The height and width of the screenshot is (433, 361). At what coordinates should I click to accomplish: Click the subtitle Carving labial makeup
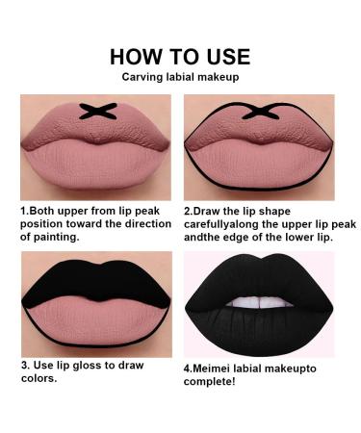(x=180, y=77)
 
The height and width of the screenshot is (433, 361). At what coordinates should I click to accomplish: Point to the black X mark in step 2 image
(x=265, y=114)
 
